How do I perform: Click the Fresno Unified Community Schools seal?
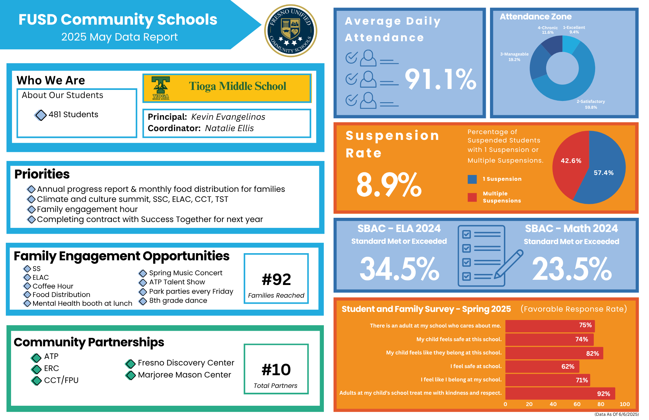click(x=291, y=31)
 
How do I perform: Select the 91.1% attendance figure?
click(x=440, y=80)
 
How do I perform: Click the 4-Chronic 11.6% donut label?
click(x=547, y=30)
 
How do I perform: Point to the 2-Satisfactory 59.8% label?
click(x=591, y=104)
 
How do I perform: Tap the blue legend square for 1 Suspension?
click(x=472, y=179)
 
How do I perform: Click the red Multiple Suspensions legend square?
click(x=472, y=197)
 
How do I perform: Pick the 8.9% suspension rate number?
click(x=389, y=185)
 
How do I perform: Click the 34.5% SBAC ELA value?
click(x=399, y=269)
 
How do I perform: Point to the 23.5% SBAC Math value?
click(x=572, y=269)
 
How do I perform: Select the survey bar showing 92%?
click(x=560, y=393)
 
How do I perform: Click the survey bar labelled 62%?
click(x=542, y=366)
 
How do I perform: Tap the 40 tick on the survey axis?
click(x=553, y=404)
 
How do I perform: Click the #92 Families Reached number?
click(x=276, y=279)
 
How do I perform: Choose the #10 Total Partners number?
click(x=276, y=370)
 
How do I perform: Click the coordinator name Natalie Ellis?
click(x=229, y=128)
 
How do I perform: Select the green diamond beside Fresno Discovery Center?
click(x=130, y=364)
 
